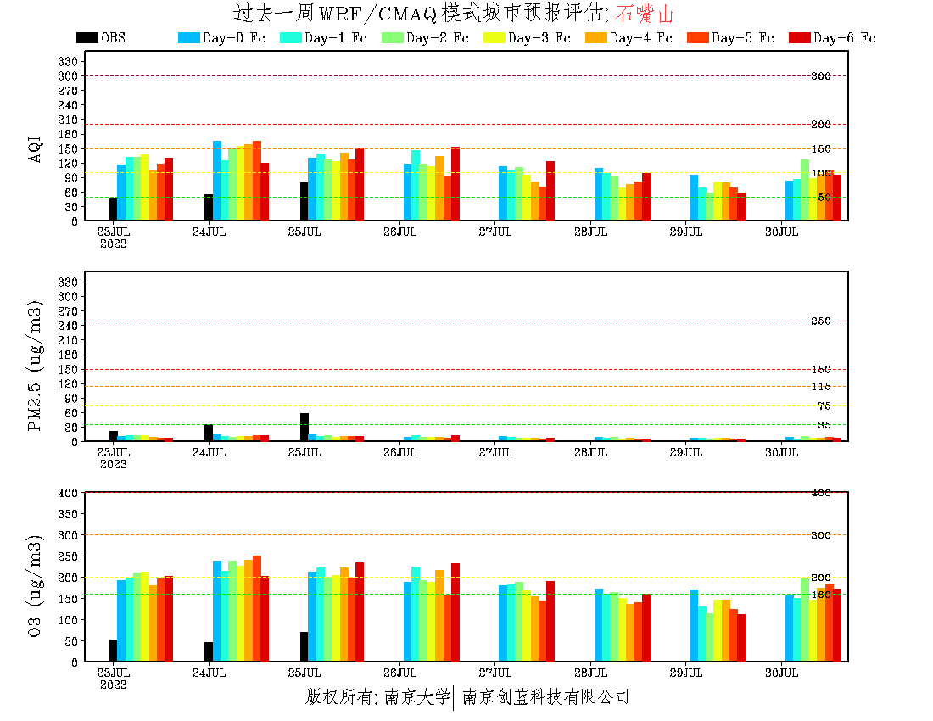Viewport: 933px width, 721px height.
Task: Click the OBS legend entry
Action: pyautogui.click(x=101, y=38)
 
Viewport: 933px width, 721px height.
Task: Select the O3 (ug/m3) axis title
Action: pyautogui.click(x=35, y=584)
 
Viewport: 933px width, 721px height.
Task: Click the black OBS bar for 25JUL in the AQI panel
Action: pyautogui.click(x=304, y=202)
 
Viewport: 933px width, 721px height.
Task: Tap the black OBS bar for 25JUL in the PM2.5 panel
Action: pyautogui.click(x=304, y=428)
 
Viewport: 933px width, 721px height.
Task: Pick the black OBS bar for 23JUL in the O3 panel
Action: pyautogui.click(x=113, y=651)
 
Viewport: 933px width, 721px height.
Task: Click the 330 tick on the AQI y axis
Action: pyautogui.click(x=69, y=61)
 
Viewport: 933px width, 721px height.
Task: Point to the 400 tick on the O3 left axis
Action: pyautogui.click(x=69, y=493)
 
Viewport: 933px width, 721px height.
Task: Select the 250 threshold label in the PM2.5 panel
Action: pyautogui.click(x=820, y=321)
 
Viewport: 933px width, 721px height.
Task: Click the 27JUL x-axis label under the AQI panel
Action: pyautogui.click(x=494, y=231)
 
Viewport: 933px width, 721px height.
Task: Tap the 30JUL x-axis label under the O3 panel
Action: pyautogui.click(x=781, y=673)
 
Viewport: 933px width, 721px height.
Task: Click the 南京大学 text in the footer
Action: pyautogui.click(x=416, y=697)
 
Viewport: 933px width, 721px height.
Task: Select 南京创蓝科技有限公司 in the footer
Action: pyautogui.click(x=545, y=697)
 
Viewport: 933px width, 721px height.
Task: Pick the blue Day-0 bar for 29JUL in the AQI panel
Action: pyautogui.click(x=694, y=198)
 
